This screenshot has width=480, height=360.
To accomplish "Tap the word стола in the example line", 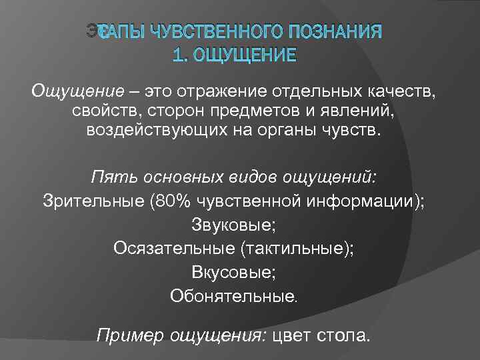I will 343,335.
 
